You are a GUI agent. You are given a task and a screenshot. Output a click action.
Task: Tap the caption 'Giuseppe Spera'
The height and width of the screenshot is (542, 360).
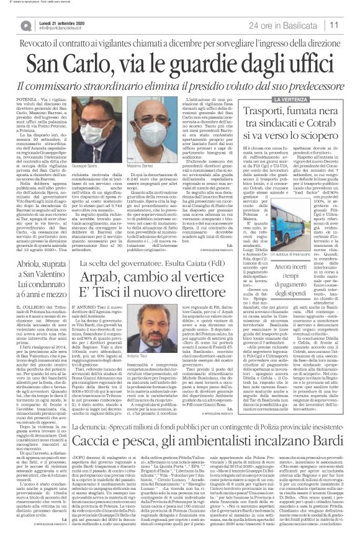tap(124, 169)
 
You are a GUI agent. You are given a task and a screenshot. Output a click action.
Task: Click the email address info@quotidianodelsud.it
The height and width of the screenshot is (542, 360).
tap(52, 28)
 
